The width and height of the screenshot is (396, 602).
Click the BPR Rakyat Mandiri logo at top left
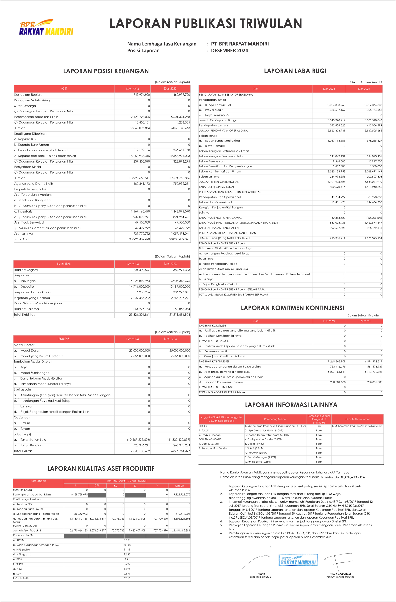(46, 27)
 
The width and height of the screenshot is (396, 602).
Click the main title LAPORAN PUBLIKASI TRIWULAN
(206, 24)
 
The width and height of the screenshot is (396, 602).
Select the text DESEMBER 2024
(229, 50)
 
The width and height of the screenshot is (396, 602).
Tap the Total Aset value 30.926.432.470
(140, 239)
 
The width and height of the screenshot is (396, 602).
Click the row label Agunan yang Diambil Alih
(34, 184)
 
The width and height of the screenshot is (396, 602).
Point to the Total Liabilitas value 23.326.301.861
(140, 315)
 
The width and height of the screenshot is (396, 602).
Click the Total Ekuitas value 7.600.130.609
(140, 451)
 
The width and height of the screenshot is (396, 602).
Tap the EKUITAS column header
(64, 339)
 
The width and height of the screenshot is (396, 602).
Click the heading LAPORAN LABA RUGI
(295, 71)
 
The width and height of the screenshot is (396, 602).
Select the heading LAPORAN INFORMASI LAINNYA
(291, 405)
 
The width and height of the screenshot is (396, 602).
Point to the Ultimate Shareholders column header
(357, 419)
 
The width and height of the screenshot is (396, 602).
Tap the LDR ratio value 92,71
(127, 574)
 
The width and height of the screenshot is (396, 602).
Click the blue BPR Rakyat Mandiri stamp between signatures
(298, 560)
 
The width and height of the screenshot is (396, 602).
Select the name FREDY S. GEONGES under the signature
(340, 574)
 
